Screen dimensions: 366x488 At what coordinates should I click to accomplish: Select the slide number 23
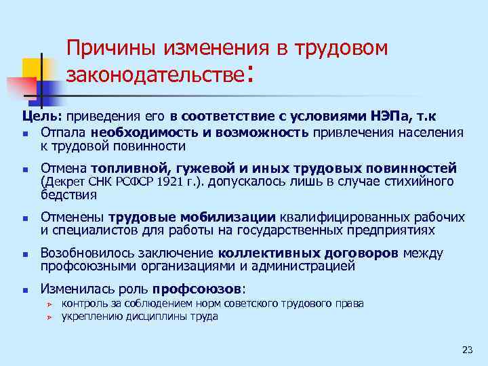(x=466, y=350)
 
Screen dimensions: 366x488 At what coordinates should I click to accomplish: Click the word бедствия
(x=69, y=195)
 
